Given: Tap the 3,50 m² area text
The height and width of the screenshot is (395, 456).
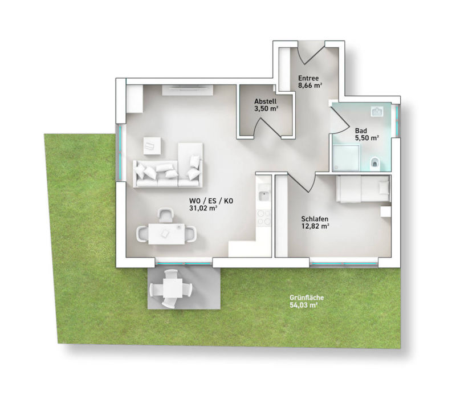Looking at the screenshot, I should (x=266, y=108).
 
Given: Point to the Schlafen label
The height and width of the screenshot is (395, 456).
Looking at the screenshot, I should (x=315, y=218).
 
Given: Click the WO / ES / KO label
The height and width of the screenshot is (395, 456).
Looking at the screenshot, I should (x=212, y=201).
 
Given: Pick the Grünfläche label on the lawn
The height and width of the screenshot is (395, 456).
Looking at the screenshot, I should (x=303, y=298).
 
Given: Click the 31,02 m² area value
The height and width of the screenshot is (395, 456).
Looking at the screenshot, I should (x=205, y=209).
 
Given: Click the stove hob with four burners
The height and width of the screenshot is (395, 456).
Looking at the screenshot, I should (x=264, y=217).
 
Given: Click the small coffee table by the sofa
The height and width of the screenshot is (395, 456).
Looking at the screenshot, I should (x=152, y=145).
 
